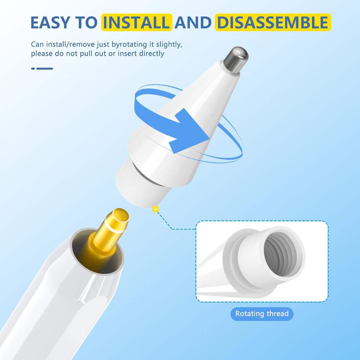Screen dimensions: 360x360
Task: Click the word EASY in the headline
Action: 50,22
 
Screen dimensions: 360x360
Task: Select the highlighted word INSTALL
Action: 137,22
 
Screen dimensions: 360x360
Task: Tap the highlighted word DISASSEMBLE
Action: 273,22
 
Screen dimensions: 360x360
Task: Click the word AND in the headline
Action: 193,22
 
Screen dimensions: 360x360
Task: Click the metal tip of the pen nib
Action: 236,60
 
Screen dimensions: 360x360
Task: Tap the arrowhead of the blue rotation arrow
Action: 189,131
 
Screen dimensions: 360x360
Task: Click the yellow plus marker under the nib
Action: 156,209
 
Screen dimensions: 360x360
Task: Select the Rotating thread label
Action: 262,313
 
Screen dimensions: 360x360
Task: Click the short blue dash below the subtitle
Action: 33,68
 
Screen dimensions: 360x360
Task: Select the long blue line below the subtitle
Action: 45,68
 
